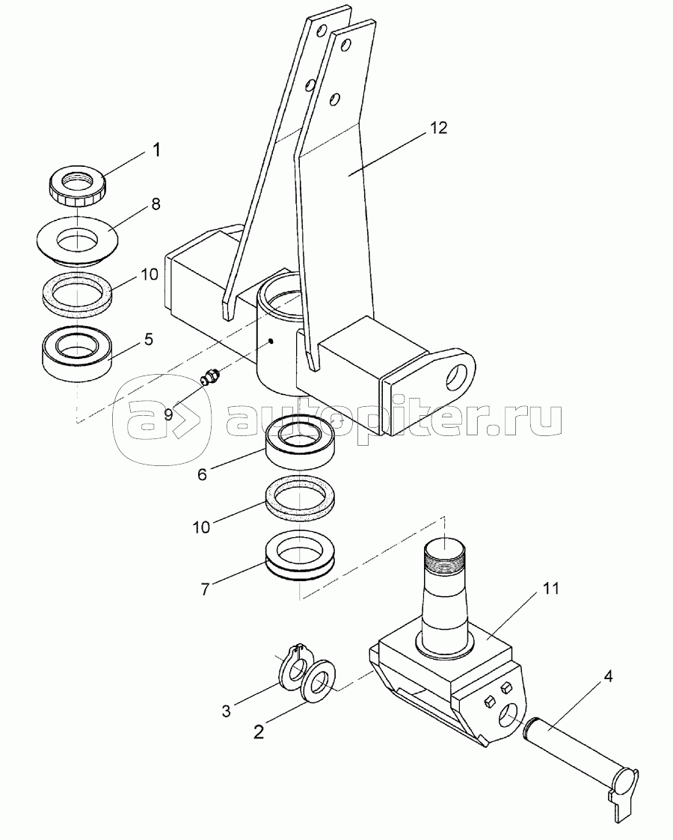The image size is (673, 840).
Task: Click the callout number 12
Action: coord(438,128)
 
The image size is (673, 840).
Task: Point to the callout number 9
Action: coord(169,414)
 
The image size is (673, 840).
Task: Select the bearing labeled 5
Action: coord(76,353)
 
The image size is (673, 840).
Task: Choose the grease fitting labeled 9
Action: coord(209,376)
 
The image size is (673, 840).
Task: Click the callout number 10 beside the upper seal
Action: coord(150,275)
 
